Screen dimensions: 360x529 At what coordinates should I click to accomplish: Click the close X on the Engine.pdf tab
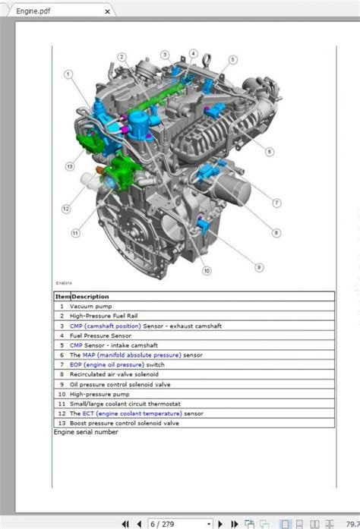107,11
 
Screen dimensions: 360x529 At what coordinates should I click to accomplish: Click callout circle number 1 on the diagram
68,74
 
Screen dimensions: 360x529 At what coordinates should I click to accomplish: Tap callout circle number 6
269,152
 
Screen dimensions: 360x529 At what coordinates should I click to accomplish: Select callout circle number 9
259,268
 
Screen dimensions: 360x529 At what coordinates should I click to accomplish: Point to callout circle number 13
70,166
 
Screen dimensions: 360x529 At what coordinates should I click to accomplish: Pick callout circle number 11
75,233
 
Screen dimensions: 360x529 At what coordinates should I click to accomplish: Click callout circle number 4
193,54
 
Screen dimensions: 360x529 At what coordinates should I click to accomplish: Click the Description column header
90,297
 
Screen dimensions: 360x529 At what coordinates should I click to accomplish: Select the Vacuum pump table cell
91,307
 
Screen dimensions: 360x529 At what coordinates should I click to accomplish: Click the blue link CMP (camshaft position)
106,326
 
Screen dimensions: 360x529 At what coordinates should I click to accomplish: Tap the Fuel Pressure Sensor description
101,335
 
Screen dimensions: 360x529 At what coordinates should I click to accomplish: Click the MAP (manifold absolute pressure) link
132,355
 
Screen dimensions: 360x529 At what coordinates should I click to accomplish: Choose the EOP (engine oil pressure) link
107,365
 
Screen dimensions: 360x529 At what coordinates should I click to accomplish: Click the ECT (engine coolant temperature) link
132,414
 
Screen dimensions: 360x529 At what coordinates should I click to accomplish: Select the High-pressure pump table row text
99,394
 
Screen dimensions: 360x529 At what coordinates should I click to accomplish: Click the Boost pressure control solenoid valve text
125,423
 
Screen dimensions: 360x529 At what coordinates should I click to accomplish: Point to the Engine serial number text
86,432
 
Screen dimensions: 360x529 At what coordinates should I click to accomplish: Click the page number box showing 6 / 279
181,524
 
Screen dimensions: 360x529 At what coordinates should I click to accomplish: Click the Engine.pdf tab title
33,11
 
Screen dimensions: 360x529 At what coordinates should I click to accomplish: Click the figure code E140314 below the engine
64,283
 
